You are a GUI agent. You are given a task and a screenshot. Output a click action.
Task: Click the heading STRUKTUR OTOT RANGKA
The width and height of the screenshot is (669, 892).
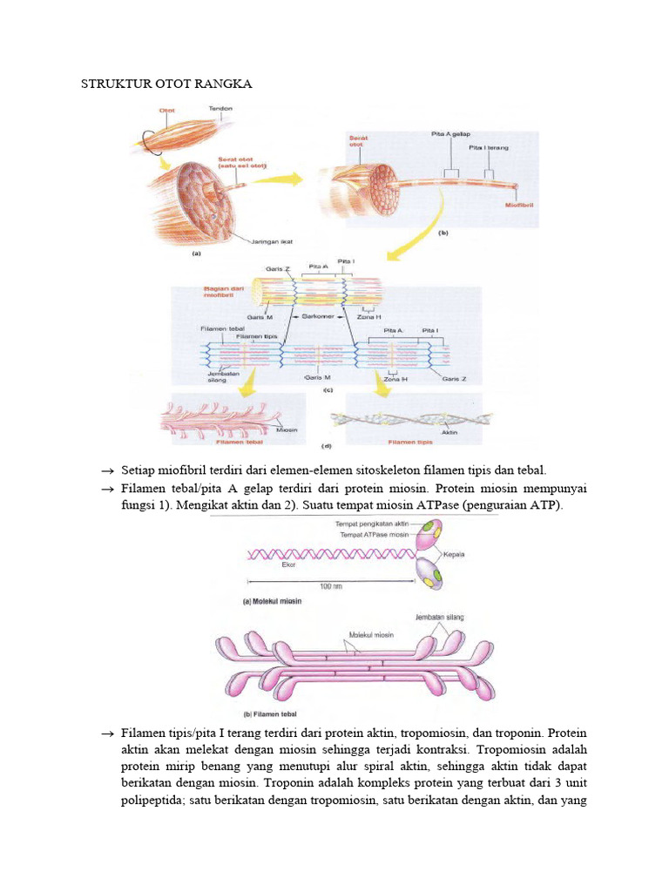click(x=166, y=84)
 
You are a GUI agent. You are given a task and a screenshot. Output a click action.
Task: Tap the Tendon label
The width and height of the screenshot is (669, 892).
click(x=220, y=109)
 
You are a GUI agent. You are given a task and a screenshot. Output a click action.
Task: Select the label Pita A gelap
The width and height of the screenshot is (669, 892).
click(x=450, y=135)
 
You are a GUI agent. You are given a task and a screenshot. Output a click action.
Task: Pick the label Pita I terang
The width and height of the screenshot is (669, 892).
click(x=489, y=148)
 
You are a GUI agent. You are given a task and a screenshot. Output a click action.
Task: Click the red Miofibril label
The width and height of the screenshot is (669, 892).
click(x=520, y=206)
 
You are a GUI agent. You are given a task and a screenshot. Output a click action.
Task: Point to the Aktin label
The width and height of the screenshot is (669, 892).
click(x=450, y=433)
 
